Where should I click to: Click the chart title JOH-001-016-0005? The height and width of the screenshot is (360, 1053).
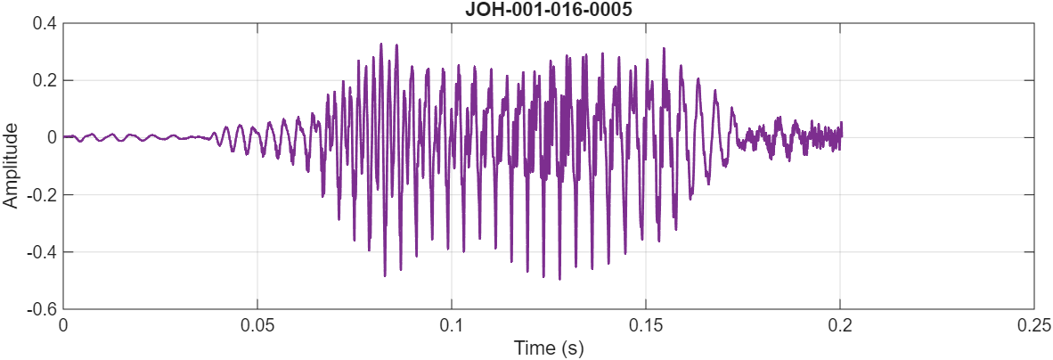click(548, 10)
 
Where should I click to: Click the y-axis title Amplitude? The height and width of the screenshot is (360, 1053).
click(11, 166)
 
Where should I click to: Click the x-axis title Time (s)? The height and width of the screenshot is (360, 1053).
click(548, 348)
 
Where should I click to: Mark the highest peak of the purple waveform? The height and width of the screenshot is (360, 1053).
click(381, 44)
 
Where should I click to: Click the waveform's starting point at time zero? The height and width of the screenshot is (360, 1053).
click(64, 137)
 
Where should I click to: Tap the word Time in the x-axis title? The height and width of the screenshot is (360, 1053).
click(532, 348)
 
